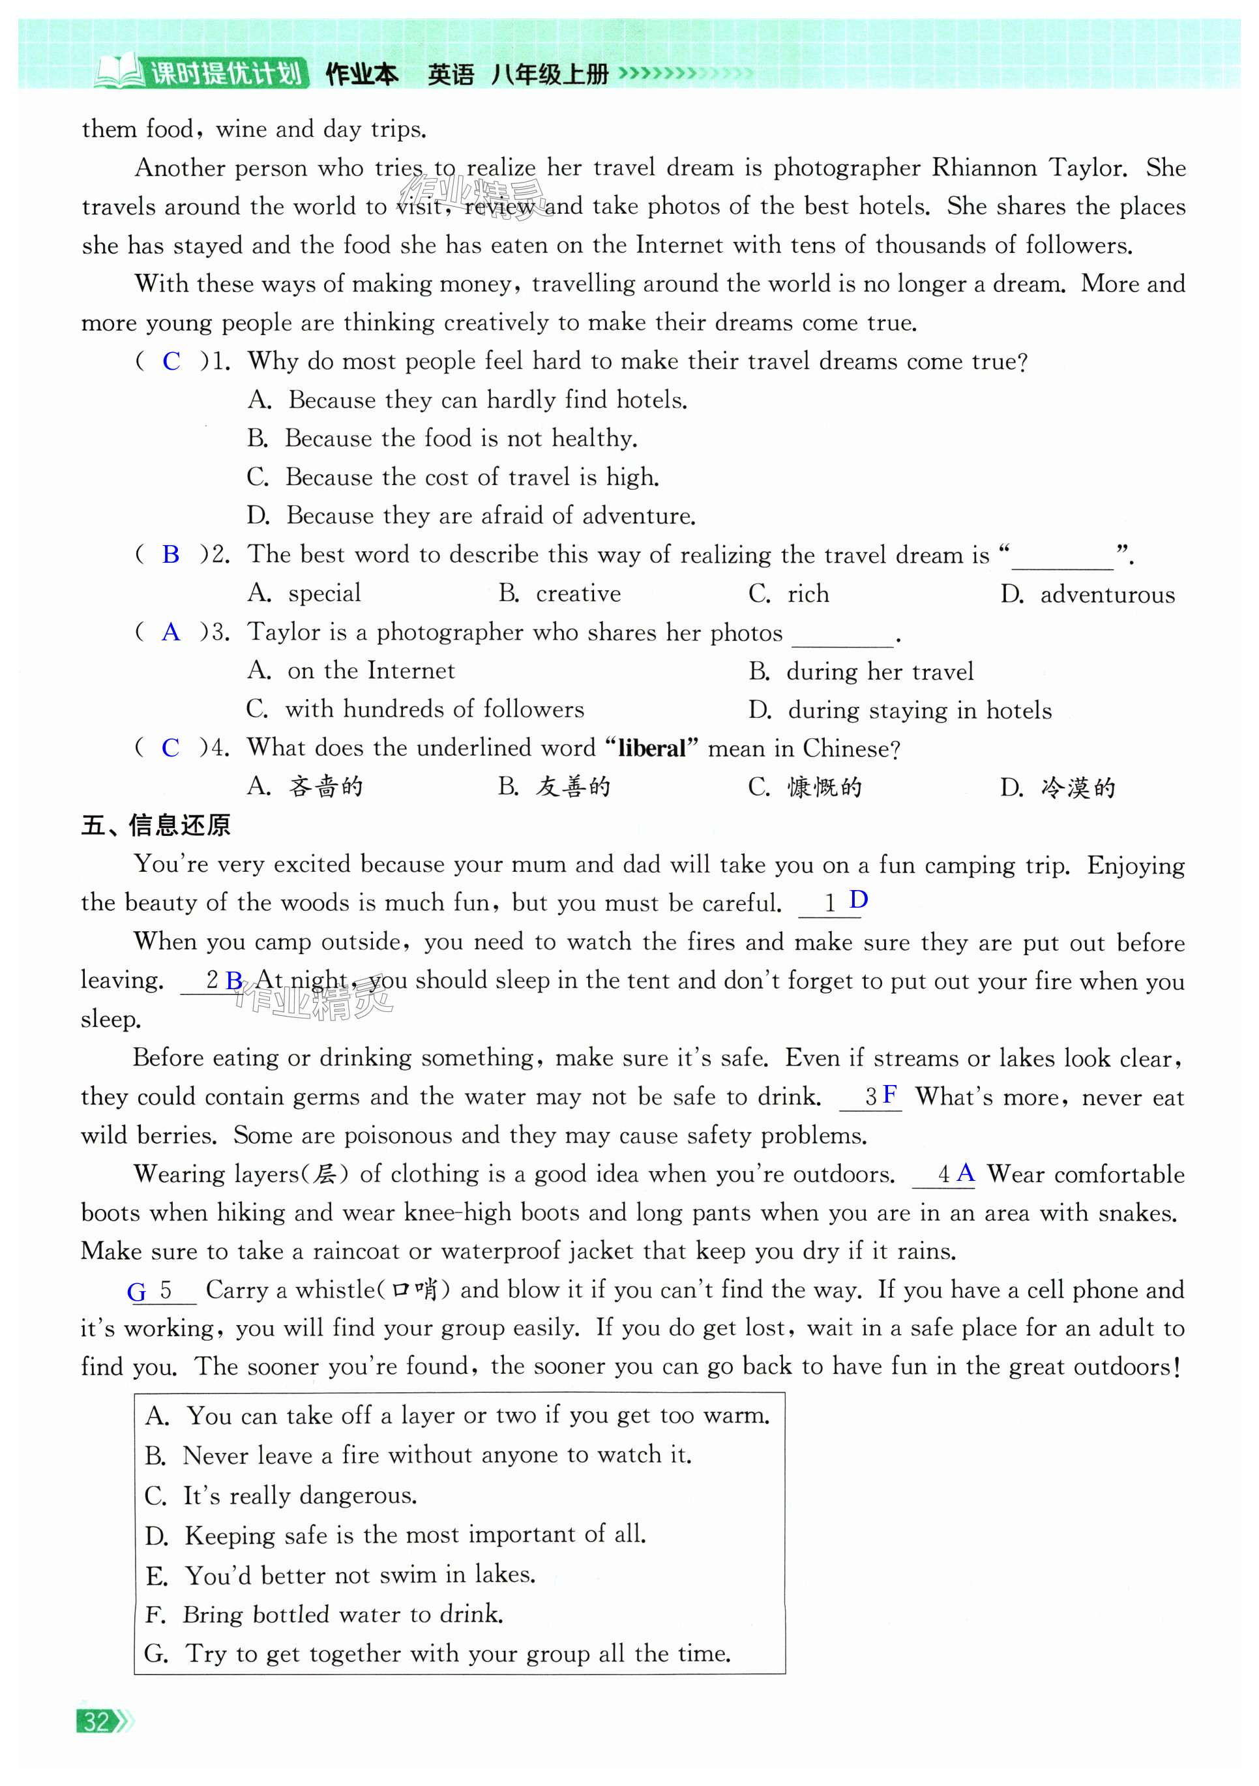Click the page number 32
(x=96, y=1721)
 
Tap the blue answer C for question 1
(x=171, y=362)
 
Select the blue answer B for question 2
(x=170, y=555)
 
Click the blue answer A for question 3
(x=170, y=633)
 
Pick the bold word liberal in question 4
(x=651, y=749)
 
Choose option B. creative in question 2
(x=560, y=593)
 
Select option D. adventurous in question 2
(x=1087, y=594)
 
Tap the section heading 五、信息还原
(x=156, y=826)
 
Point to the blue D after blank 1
(x=859, y=900)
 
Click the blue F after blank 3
(x=889, y=1095)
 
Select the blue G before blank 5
(x=137, y=1292)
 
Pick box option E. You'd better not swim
(x=340, y=1575)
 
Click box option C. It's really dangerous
(x=282, y=1495)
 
